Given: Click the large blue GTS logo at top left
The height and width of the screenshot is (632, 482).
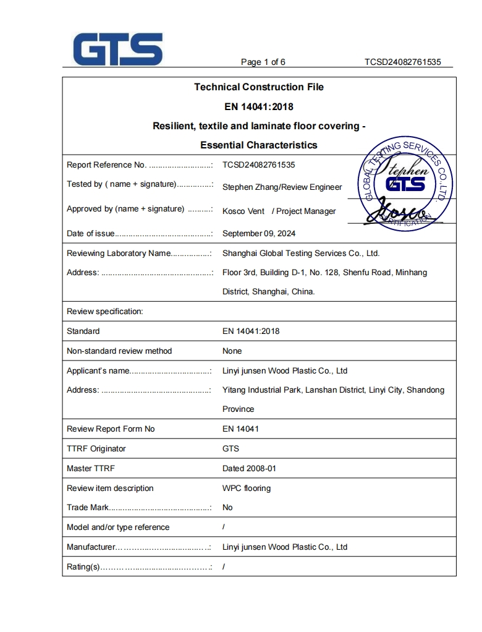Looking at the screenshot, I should (117, 49).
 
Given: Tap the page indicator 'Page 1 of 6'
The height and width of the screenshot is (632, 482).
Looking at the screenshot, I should (263, 62).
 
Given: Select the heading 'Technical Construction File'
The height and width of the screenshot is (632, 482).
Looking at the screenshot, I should (258, 87).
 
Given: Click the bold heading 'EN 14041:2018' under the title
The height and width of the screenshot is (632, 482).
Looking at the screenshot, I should (258, 106).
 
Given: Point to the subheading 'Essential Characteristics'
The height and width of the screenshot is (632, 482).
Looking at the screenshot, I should (258, 145).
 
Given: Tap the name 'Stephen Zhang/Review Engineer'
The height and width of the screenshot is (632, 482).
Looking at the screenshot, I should (282, 187).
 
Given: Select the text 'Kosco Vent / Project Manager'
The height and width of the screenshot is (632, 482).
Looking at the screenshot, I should (279, 211).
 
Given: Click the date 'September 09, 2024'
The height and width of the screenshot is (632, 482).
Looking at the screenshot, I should (258, 234).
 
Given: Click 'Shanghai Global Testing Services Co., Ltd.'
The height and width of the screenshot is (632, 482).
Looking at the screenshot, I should (300, 254).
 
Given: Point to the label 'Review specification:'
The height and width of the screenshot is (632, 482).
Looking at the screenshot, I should (104, 312).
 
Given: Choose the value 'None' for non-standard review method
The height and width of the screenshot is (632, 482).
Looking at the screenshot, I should (232, 351).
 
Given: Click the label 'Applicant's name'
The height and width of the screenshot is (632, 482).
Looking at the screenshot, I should (98, 371).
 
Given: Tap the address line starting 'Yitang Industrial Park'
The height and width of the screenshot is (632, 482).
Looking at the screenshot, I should (332, 390).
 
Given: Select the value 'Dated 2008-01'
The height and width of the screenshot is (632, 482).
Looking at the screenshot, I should (249, 469).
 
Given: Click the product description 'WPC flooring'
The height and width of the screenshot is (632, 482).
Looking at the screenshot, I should (246, 489).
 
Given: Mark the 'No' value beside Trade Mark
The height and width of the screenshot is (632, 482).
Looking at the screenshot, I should (227, 508).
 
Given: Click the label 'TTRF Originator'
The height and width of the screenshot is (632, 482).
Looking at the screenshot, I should (96, 449).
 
